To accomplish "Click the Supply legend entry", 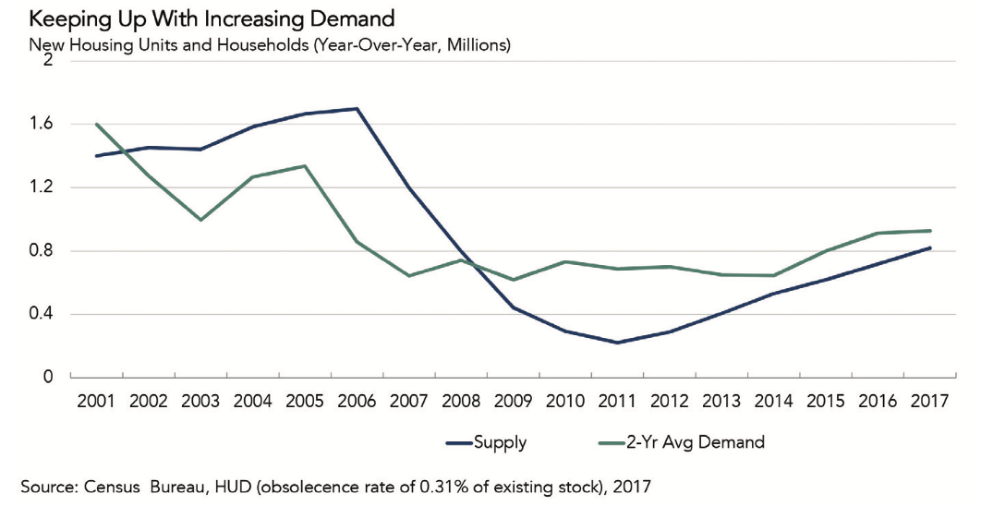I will (500, 442).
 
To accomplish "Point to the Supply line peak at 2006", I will (357, 109).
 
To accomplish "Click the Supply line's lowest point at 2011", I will (616, 343).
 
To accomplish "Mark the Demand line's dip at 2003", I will (200, 220).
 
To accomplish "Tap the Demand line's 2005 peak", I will (304, 166).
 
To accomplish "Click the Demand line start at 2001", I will (95, 124).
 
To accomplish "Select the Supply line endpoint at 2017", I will (929, 247).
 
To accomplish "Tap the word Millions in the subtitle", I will (472, 43).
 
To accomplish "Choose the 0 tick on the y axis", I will (49, 378).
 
